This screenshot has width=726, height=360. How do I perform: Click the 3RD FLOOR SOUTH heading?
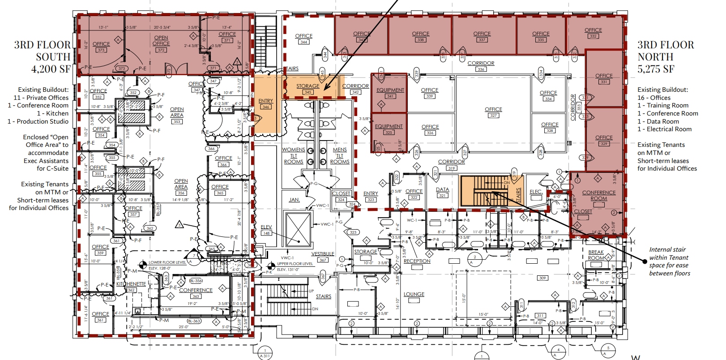[43, 51]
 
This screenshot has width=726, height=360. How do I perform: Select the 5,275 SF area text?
[656, 69]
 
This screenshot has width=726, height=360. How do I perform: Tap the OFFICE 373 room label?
[101, 47]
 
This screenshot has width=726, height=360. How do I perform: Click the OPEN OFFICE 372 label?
[161, 43]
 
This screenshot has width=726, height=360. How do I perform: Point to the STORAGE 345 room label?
[308, 89]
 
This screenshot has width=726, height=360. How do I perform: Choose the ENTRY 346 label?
[266, 103]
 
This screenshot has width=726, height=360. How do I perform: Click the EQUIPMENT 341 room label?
[390, 93]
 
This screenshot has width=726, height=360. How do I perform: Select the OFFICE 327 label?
[493, 112]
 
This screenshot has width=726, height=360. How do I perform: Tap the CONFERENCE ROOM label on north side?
[598, 196]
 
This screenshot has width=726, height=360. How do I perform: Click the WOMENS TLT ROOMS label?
[294, 155]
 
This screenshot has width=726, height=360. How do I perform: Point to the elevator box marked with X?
[298, 229]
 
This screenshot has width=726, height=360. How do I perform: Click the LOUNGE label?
[414, 295]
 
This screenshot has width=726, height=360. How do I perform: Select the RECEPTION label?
[417, 261]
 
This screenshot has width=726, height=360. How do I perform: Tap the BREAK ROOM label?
[596, 255]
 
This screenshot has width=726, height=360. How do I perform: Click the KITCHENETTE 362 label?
[131, 287]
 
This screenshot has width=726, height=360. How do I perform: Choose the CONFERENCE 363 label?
[196, 293]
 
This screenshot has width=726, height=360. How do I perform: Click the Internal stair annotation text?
[669, 261]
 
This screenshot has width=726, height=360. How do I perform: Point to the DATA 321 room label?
[442, 193]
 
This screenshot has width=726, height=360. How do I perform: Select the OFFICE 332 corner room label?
[593, 33]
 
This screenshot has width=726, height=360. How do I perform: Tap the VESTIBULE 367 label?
[323, 257]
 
